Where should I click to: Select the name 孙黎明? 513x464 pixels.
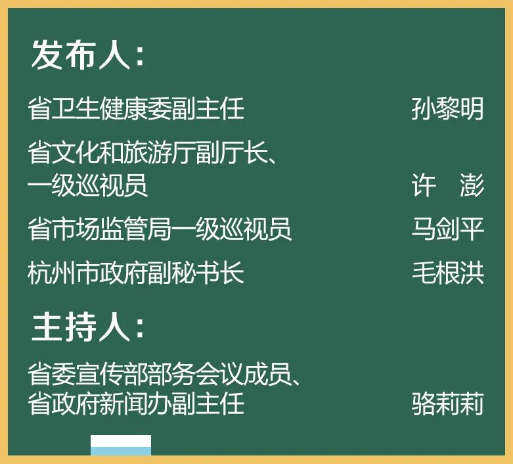(447, 108)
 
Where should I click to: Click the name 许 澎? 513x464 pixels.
(447, 186)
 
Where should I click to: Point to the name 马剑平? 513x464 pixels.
(447, 229)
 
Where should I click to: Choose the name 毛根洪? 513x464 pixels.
(447, 273)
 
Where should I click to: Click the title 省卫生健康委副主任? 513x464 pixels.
(136, 108)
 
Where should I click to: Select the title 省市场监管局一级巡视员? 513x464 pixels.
(160, 229)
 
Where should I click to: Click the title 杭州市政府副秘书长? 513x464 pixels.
(136, 273)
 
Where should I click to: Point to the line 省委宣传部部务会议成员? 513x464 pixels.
(164, 373)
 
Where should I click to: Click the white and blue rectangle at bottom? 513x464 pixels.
(121, 445)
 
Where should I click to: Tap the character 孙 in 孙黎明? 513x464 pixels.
(424, 108)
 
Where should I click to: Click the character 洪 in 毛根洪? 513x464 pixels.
(472, 273)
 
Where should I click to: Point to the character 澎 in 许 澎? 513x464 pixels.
(472, 186)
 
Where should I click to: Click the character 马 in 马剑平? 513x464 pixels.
(424, 229)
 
